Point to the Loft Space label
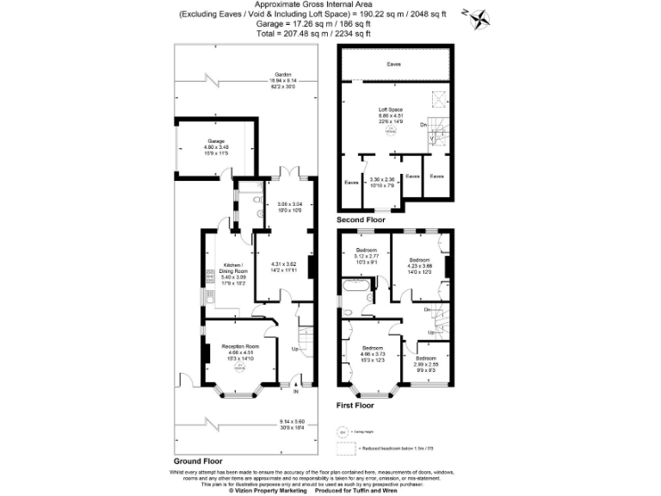392,110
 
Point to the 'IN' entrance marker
295,392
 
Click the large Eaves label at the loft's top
393,65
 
